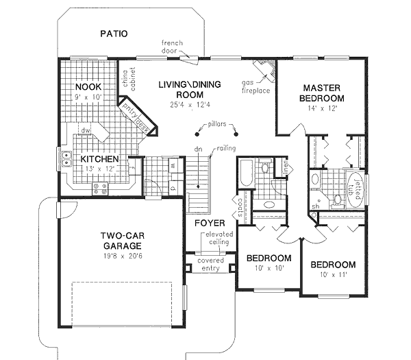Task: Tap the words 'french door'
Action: point(172,47)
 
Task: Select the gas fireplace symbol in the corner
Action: point(265,69)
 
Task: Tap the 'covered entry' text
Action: point(210,264)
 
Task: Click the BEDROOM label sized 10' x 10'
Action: point(268,258)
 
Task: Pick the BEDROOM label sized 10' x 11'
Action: point(332,265)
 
